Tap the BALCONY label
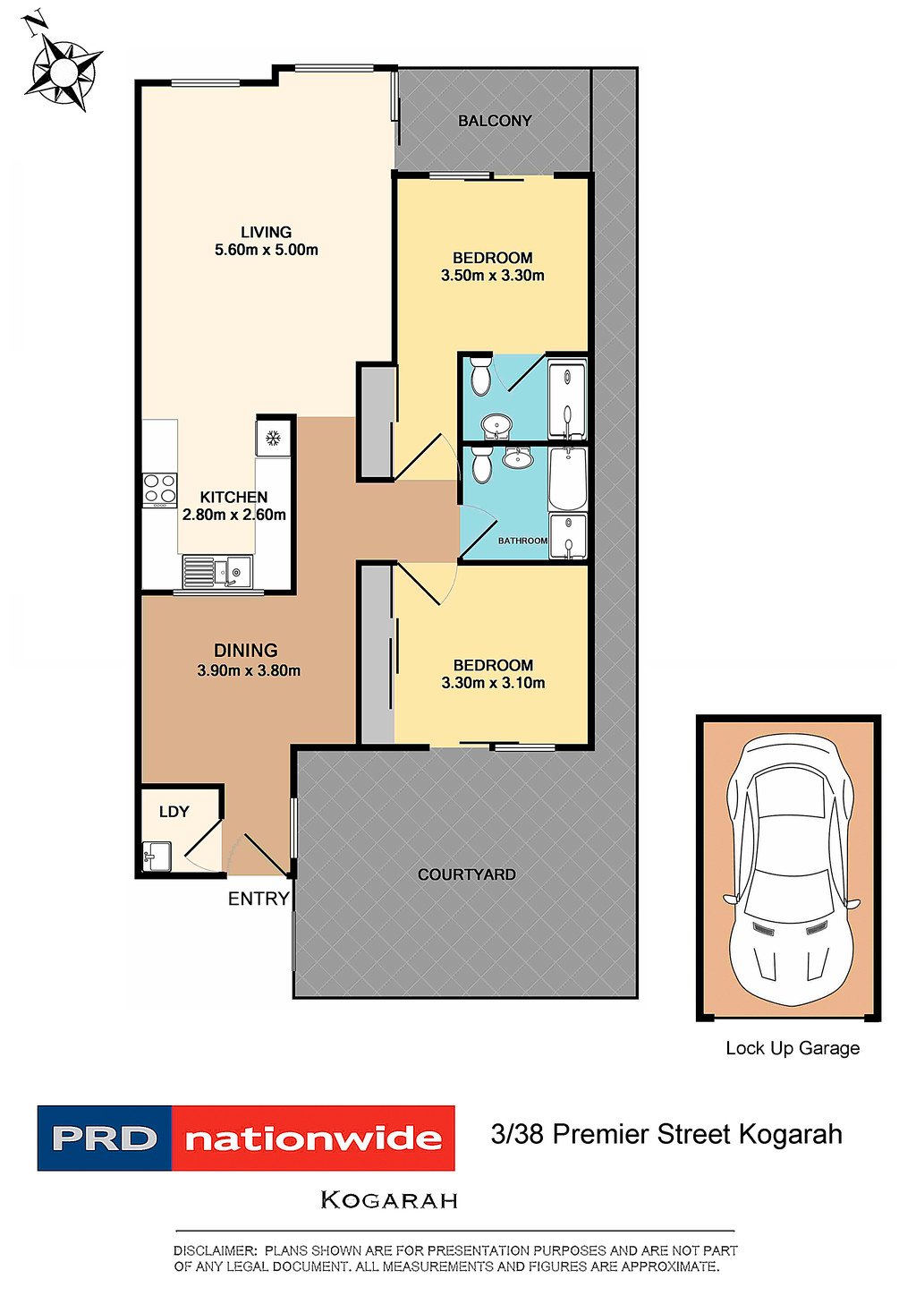pos(495,121)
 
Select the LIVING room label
pos(266,232)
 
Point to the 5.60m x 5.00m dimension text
pos(266,250)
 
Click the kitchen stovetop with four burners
pos(159,490)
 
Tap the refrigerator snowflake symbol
pos(272,438)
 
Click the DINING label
pos(246,651)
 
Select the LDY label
pos(174,812)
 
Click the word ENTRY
pos(259,899)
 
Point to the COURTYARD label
pos(467,874)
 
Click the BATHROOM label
pos(522,541)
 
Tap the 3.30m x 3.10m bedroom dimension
pos(493,683)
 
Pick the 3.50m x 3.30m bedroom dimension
pos(493,276)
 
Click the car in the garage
pos(791,868)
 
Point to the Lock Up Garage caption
pos(793,1048)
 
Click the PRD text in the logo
pos(105,1138)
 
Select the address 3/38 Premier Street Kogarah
pos(666,1134)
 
